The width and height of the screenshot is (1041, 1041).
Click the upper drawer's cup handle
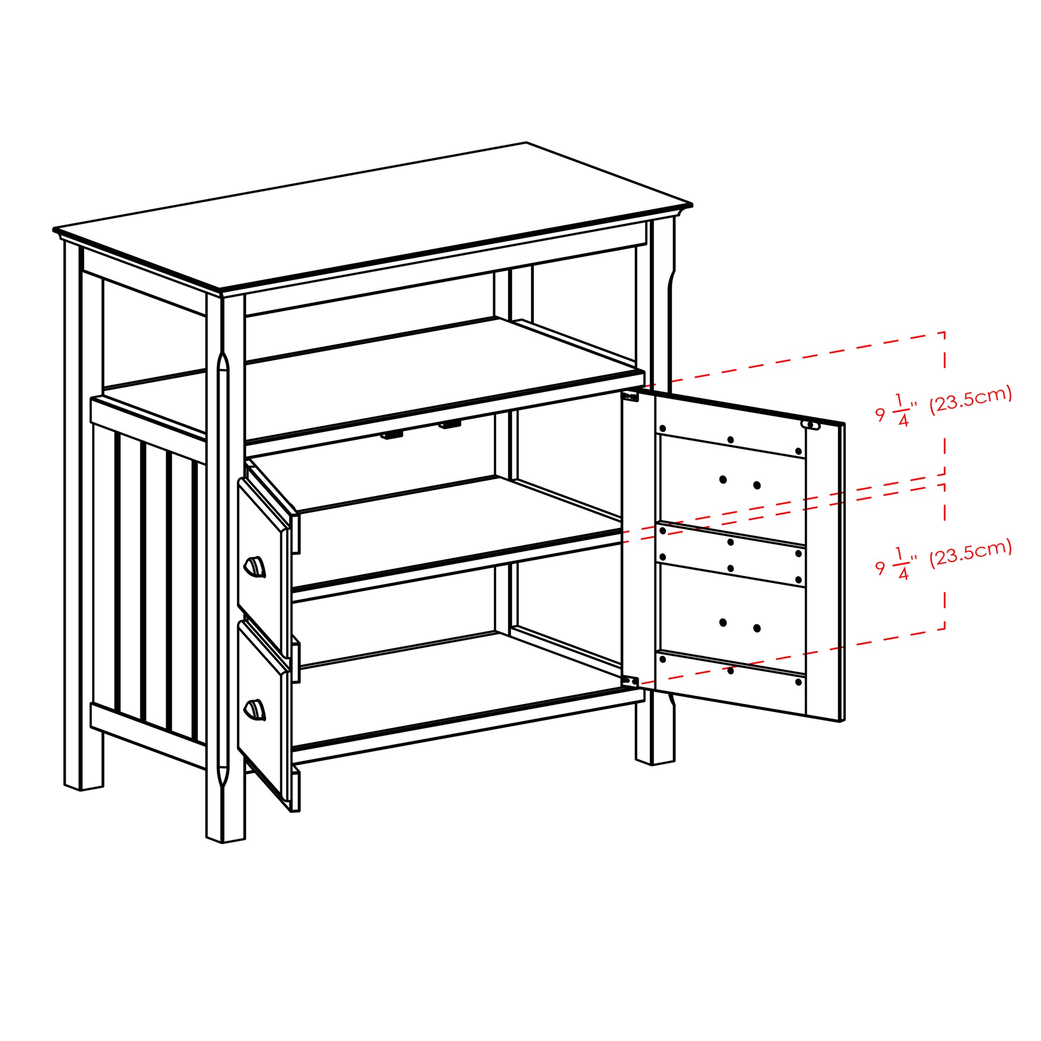click(x=255, y=568)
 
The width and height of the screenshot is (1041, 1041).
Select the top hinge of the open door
click(x=630, y=396)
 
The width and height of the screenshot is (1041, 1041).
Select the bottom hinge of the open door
click(x=630, y=681)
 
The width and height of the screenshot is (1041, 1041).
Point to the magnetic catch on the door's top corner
click(x=810, y=425)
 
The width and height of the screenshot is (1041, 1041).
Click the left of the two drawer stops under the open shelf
click(x=392, y=435)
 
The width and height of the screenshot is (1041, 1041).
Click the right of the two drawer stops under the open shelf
click(x=449, y=425)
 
